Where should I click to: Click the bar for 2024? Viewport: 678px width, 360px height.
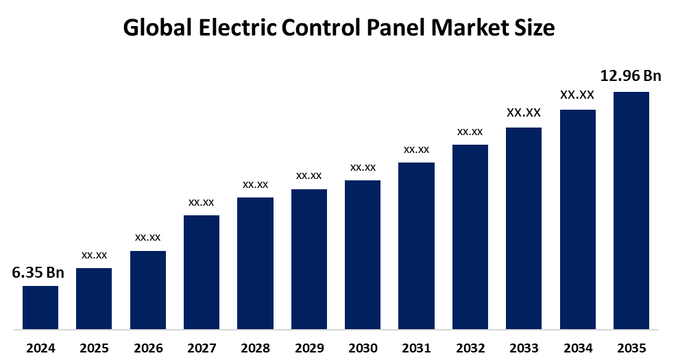point(40,307)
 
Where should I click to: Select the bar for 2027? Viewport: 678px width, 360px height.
point(202,272)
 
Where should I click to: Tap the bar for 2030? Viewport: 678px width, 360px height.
point(363,254)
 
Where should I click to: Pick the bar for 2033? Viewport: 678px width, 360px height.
point(524,228)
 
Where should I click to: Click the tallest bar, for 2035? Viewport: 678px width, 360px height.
point(631,211)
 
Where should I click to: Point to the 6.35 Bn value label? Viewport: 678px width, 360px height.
point(38,273)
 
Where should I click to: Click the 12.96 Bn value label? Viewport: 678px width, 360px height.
point(631,76)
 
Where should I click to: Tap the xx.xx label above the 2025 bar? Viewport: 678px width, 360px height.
point(94,255)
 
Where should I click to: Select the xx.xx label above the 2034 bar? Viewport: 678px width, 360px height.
point(577,95)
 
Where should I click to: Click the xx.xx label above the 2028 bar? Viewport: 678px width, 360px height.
point(255,184)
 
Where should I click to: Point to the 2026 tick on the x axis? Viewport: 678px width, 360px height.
point(148,348)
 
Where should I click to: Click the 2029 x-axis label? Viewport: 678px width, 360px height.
point(309,348)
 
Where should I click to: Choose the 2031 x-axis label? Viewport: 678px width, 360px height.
point(416,348)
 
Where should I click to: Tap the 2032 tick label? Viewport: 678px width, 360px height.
point(470,348)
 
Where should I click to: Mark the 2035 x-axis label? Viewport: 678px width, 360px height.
point(631,348)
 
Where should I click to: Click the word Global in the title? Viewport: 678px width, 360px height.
point(157,28)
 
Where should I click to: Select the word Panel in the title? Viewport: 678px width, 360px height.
point(399,28)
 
